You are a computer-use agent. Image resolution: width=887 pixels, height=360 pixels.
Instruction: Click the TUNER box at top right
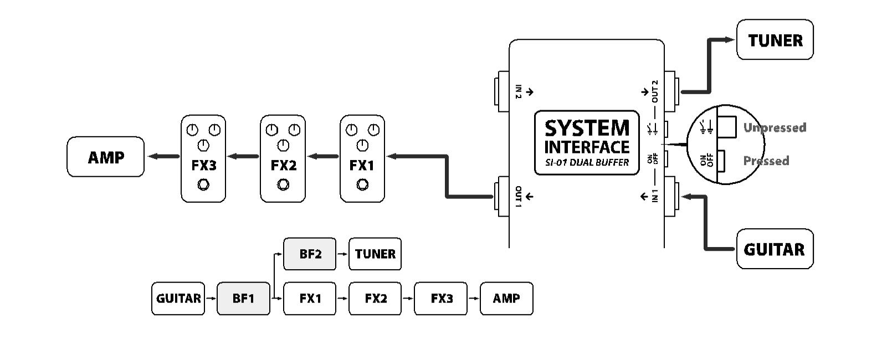(x=775, y=40)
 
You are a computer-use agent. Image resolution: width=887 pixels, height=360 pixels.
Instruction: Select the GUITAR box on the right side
(x=775, y=249)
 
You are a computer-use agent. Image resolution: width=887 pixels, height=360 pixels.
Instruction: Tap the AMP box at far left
(x=106, y=157)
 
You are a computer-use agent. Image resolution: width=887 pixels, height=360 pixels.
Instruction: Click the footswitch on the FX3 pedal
(x=203, y=184)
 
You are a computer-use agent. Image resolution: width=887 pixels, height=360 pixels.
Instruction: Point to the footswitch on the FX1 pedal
(x=362, y=184)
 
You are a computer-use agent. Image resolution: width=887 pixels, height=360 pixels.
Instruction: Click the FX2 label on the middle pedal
(x=283, y=165)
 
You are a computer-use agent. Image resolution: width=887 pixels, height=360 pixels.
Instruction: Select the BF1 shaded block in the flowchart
(x=243, y=299)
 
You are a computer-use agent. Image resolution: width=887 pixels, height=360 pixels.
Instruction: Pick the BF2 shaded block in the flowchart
(x=310, y=254)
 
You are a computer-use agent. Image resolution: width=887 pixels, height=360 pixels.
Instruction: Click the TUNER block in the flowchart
(x=375, y=254)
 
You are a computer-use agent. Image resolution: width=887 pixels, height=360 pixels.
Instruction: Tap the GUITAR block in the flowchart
(x=178, y=299)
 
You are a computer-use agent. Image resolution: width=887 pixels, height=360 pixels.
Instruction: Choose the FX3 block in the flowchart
(x=441, y=299)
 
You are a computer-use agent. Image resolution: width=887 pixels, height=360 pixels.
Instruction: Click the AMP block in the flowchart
(x=506, y=299)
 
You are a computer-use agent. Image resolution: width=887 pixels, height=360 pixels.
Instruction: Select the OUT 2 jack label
(x=655, y=91)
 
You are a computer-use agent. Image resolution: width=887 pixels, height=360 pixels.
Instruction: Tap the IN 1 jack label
(x=655, y=196)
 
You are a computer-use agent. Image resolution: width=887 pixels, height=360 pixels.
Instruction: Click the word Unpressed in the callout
(x=774, y=127)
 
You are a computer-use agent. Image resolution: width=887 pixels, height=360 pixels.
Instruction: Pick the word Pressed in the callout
(x=766, y=161)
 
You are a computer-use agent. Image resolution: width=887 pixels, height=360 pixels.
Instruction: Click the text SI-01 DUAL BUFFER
(x=587, y=163)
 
